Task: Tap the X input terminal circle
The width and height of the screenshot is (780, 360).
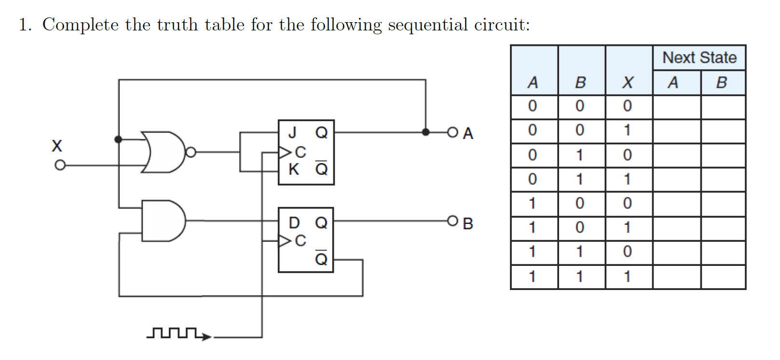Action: pos(60,166)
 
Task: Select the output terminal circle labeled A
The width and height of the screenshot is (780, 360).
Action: pos(452,132)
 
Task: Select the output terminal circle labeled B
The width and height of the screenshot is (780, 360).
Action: pos(452,221)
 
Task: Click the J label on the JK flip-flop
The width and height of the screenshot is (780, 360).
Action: pos(292,132)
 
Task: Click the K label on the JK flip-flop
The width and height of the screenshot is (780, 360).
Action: pos(293,169)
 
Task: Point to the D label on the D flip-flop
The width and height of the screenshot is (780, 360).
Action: pos(294,222)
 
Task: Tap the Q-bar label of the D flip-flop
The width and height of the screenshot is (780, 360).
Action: pos(321,259)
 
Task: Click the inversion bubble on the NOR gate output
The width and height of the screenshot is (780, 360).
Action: pos(191,152)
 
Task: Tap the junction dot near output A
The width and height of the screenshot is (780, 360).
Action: pos(425,132)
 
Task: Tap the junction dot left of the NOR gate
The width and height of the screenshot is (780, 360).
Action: pos(118,139)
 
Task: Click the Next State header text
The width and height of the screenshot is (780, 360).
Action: pos(699,58)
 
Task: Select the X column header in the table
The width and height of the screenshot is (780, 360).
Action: pos(628,83)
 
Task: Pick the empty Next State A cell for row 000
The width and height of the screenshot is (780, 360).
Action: pos(676,107)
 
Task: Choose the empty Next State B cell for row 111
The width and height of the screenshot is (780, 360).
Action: pos(723,277)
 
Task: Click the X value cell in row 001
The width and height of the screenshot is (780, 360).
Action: pos(628,130)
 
